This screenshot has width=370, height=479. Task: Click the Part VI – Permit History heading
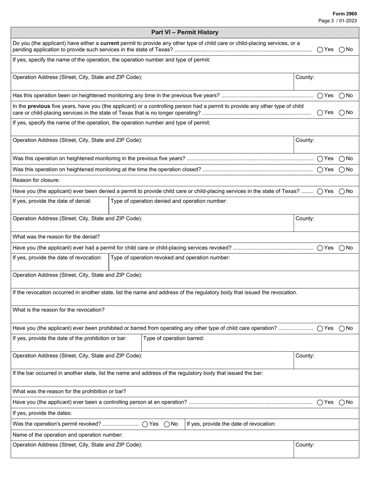185,32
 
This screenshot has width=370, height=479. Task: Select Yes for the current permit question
320,49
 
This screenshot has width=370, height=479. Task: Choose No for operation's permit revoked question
167,424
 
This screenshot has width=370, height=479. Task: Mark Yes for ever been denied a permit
320,191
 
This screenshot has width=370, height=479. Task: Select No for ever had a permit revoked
342,248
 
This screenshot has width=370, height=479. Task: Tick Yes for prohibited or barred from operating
320,328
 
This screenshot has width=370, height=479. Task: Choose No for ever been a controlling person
342,402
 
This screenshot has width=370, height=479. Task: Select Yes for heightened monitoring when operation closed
320,169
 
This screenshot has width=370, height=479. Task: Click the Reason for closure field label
36,180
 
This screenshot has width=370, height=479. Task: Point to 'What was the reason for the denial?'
56,237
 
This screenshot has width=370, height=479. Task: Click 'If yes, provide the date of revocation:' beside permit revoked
231,424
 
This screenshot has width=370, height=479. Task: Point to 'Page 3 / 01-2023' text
337,21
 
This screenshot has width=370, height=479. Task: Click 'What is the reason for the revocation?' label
58,310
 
